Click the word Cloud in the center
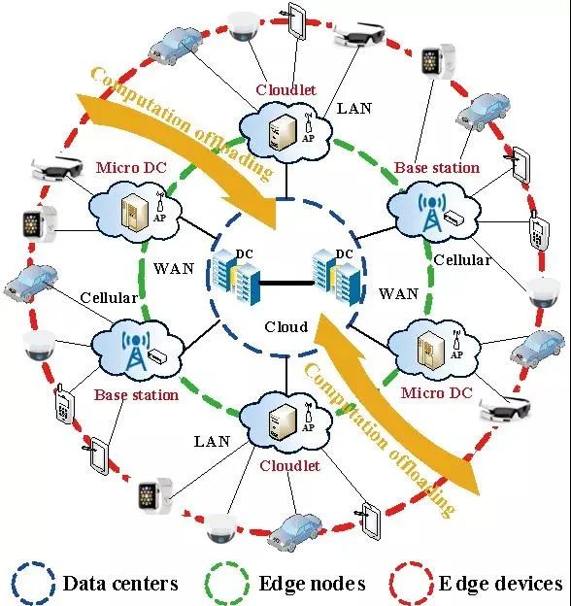click(x=286, y=327)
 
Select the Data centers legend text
click(x=120, y=584)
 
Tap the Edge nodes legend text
click(x=312, y=584)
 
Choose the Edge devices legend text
click(x=501, y=584)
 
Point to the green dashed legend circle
click(x=206, y=584)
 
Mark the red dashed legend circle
click(x=391, y=584)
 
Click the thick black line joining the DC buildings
click(x=286, y=284)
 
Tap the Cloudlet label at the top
click(x=285, y=89)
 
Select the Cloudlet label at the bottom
click(x=289, y=466)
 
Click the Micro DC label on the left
click(x=131, y=167)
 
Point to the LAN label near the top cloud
click(x=354, y=109)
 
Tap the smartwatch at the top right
click(x=438, y=61)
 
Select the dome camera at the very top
click(x=242, y=26)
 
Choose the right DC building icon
click(x=337, y=277)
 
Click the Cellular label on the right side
click(x=462, y=259)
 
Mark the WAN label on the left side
click(x=174, y=268)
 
